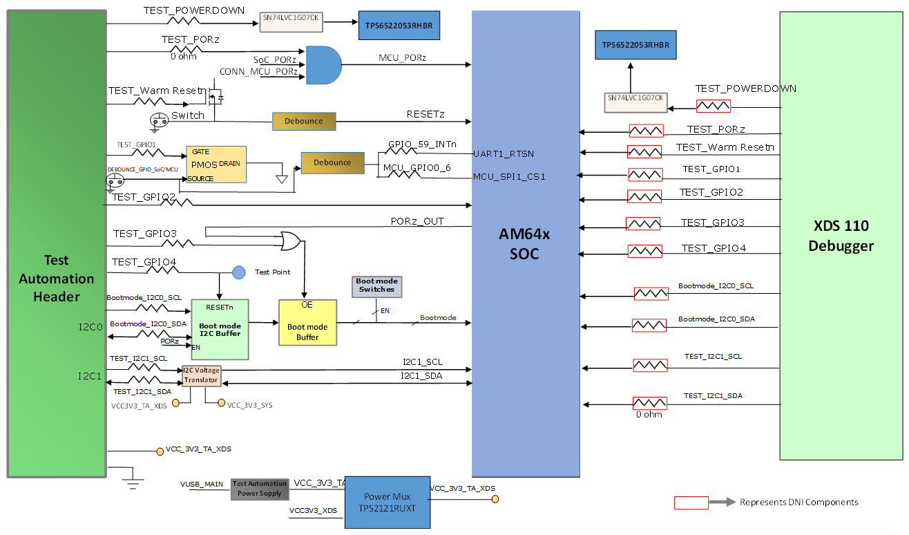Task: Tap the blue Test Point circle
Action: (x=238, y=272)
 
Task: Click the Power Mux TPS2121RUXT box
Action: (x=387, y=502)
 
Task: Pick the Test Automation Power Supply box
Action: (x=260, y=489)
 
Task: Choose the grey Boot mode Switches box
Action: (x=376, y=285)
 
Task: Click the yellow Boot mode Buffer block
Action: (x=307, y=322)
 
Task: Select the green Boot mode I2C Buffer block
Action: (x=220, y=329)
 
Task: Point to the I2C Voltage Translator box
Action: (x=201, y=375)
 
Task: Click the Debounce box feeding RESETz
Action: (x=304, y=121)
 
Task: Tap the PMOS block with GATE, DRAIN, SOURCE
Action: (x=216, y=165)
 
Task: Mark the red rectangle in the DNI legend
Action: (x=691, y=503)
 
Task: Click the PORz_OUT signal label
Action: (x=417, y=221)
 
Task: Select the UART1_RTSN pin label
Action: (x=504, y=153)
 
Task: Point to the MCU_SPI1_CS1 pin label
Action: (x=509, y=177)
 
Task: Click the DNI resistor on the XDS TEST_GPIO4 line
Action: (x=644, y=250)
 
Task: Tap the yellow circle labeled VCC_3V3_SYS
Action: (x=221, y=402)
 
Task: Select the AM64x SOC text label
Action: (x=525, y=243)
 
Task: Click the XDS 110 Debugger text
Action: (x=841, y=236)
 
